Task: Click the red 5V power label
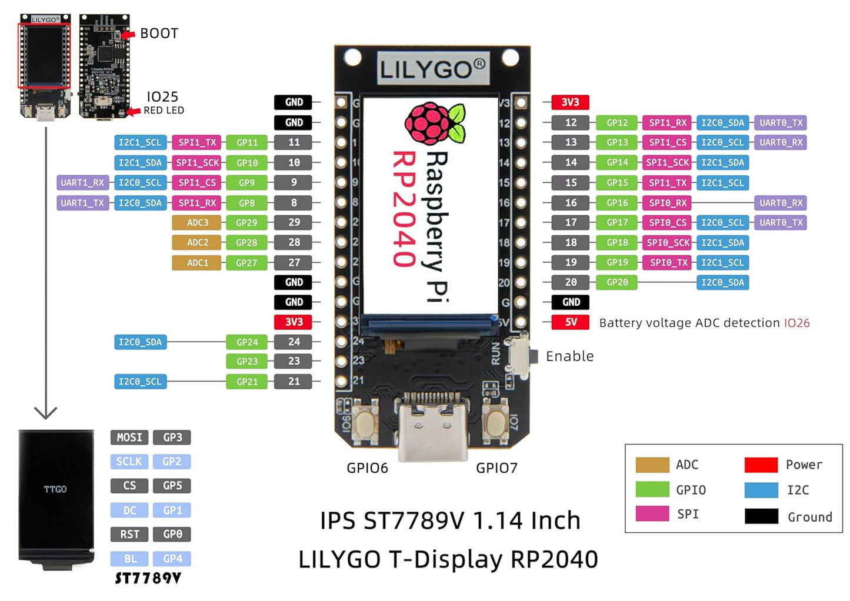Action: click(x=570, y=322)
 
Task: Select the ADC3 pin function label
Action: click(x=198, y=223)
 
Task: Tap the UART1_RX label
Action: click(x=82, y=183)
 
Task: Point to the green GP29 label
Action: click(x=246, y=223)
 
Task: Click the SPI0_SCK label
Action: click(x=668, y=243)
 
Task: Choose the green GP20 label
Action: click(x=617, y=282)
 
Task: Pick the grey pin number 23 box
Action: click(x=294, y=361)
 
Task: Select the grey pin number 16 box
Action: click(x=571, y=203)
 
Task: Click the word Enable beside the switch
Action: click(x=569, y=356)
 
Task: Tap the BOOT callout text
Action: click(x=159, y=34)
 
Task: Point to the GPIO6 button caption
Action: click(x=367, y=468)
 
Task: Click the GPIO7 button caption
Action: click(x=496, y=468)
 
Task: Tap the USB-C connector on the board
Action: click(x=433, y=426)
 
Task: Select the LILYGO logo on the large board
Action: click(x=432, y=69)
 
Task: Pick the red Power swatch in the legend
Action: click(x=761, y=465)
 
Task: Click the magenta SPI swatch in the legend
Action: click(x=652, y=514)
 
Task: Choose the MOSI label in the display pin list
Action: click(x=129, y=438)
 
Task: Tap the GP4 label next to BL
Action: click(x=172, y=559)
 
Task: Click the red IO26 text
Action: click(x=796, y=323)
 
